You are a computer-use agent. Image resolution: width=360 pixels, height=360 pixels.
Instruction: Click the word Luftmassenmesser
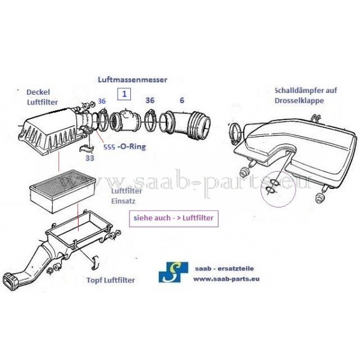[x=133, y=80]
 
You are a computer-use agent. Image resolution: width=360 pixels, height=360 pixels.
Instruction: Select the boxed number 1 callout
[x=124, y=94]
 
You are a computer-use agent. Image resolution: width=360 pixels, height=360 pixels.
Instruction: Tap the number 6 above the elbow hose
[x=182, y=100]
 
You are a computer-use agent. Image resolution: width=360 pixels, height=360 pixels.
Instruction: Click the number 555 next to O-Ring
[x=109, y=147]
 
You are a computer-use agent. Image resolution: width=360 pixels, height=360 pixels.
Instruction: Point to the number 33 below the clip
[x=90, y=158]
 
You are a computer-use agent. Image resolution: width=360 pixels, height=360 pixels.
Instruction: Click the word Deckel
[x=38, y=92]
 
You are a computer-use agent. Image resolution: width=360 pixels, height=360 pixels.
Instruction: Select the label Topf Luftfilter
[x=110, y=280]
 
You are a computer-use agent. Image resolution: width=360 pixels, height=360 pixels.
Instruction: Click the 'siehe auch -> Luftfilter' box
[x=173, y=218]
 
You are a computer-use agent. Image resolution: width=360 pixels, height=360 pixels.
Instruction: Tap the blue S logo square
[x=173, y=272]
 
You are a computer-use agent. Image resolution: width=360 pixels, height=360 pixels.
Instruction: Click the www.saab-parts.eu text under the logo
[x=226, y=279]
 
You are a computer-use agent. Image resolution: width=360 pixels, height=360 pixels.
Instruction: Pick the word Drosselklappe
[x=299, y=101]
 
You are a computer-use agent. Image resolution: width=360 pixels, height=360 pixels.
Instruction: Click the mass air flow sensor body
[x=125, y=119]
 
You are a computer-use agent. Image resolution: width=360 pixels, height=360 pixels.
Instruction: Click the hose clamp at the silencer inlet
[x=236, y=133]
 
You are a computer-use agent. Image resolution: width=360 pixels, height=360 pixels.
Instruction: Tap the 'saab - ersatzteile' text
[x=224, y=268]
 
